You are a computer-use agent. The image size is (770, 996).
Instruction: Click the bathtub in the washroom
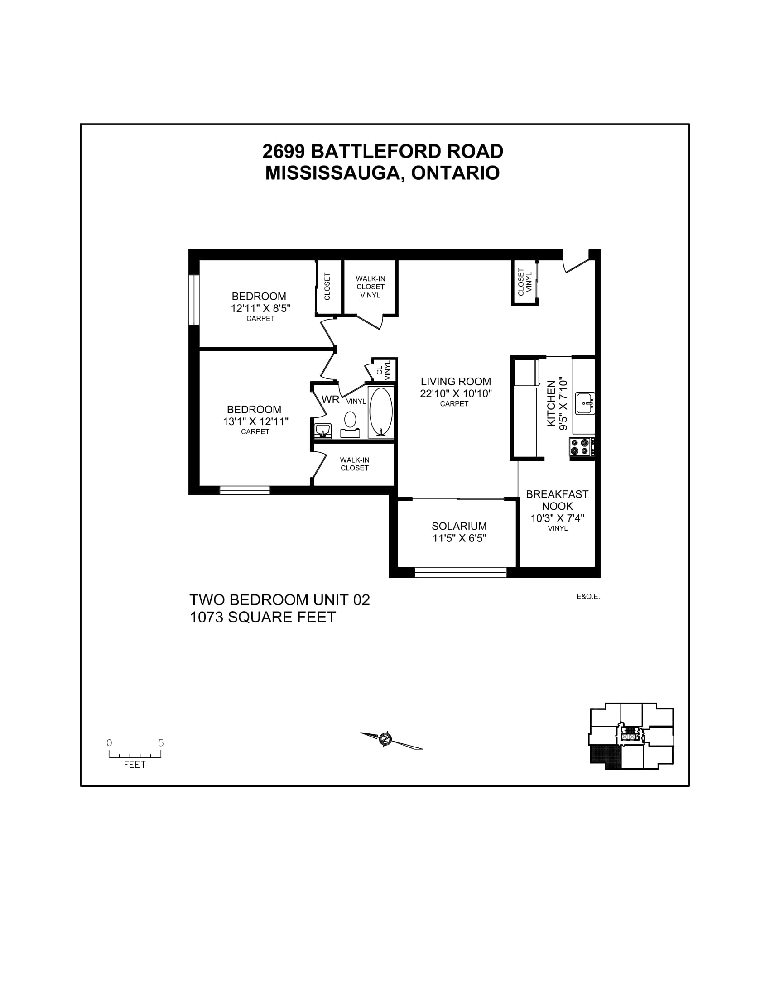pos(381,413)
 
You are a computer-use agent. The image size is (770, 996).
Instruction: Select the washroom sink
pos(323,430)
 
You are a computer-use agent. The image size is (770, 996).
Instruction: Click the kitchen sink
pos(585,403)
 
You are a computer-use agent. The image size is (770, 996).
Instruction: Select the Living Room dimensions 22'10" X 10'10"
pos(456,393)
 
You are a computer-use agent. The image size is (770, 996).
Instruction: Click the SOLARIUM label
pos(459,526)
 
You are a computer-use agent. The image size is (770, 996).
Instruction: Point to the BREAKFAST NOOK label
pos(557,500)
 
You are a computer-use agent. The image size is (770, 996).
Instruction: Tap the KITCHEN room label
pos(552,403)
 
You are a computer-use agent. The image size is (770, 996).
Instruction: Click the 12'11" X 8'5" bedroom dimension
pos(260,308)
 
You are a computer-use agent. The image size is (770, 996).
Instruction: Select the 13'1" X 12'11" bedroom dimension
pos(255,421)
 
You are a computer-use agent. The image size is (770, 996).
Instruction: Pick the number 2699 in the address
pos(284,151)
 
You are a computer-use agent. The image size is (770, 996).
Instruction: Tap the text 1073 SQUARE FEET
pos(263,617)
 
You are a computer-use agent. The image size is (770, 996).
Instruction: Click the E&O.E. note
pos(588,597)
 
